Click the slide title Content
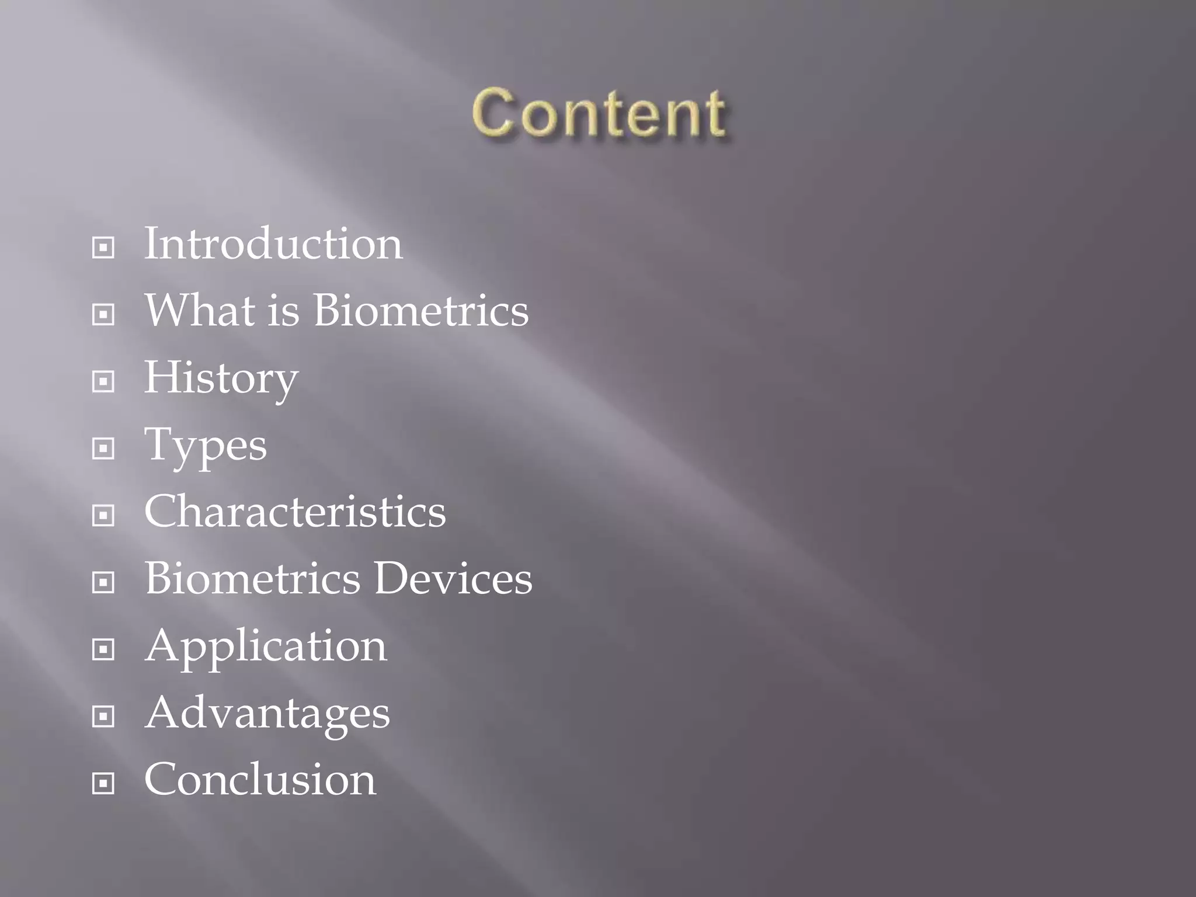tap(599, 114)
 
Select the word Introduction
tap(273, 244)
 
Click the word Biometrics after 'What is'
tap(421, 310)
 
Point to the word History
tap(221, 378)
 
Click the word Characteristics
tap(295, 512)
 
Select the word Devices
tap(453, 579)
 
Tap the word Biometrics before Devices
tap(253, 579)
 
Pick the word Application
tap(266, 646)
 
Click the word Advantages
tap(267, 714)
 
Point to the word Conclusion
tap(260, 780)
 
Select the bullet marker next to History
tap(103, 382)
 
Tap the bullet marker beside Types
tap(103, 448)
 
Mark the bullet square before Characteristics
tap(103, 516)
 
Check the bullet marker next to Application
tap(103, 649)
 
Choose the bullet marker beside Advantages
tap(103, 717)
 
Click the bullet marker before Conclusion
tap(103, 783)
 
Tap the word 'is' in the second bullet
tap(283, 310)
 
